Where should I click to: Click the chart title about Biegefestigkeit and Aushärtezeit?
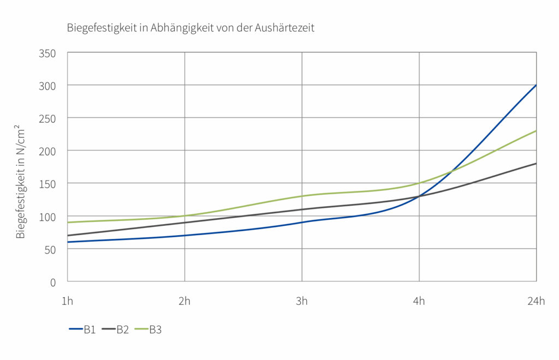(191, 28)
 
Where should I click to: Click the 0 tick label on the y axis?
(53, 282)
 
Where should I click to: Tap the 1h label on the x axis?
(68, 302)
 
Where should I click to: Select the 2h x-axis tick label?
(185, 302)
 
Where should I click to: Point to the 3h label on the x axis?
(302, 302)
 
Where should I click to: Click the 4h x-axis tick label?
(419, 302)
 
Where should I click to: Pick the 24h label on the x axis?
(536, 302)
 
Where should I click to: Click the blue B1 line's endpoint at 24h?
(536, 85)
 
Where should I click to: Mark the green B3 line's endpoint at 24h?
(536, 131)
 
